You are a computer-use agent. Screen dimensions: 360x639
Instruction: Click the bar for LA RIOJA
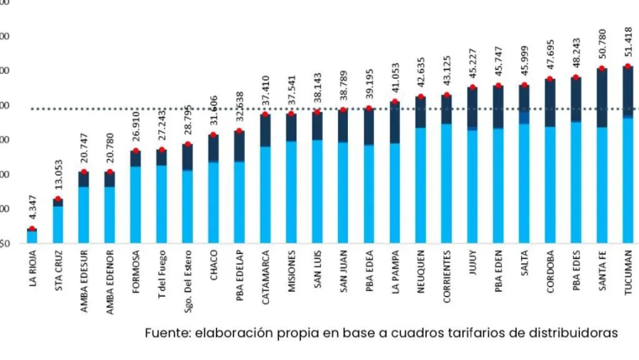[x=32, y=236]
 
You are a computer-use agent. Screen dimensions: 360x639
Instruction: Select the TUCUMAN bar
[x=628, y=178]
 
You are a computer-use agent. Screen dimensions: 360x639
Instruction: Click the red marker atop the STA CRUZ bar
[x=58, y=199]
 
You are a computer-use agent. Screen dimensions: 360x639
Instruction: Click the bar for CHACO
[x=213, y=199]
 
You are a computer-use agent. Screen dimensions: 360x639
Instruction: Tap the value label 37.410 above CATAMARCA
[x=266, y=94]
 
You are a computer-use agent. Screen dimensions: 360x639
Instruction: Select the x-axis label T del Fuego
[x=162, y=273]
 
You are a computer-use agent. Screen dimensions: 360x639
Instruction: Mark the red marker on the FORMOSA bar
[x=136, y=151]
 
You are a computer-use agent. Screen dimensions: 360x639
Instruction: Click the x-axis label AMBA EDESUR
[x=84, y=278]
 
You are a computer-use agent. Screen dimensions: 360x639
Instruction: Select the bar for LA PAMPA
[x=395, y=185]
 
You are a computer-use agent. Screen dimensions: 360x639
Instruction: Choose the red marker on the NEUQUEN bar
[x=421, y=97]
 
